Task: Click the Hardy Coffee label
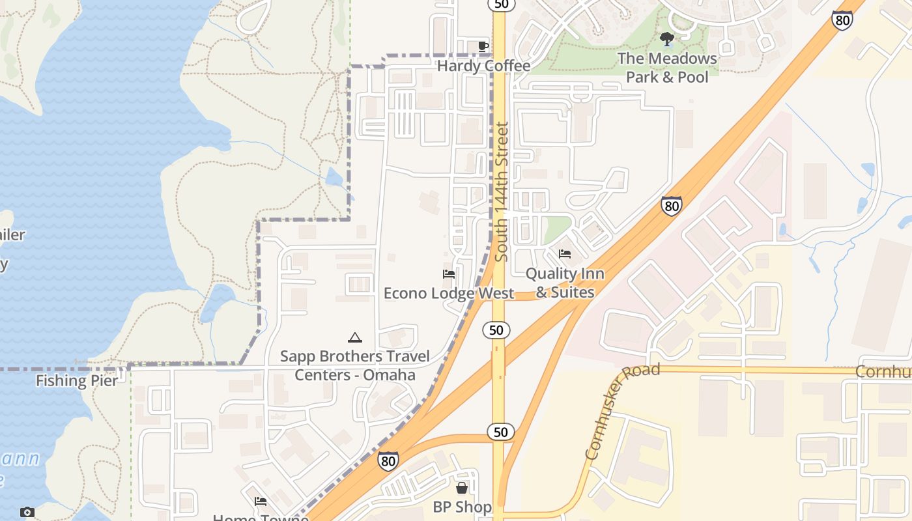[483, 66]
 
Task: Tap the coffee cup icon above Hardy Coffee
[483, 46]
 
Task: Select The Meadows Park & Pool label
[667, 68]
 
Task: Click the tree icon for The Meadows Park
[666, 39]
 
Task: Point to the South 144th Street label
[501, 192]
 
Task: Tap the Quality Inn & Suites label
[565, 283]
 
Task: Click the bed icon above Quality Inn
[565, 254]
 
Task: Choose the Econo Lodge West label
[449, 293]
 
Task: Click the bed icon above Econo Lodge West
[449, 274]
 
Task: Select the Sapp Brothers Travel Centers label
[355, 365]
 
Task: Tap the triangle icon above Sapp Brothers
[354, 337]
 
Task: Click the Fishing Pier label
[77, 381]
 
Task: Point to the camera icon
[27, 512]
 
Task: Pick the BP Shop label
[462, 507]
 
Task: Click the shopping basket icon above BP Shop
[462, 488]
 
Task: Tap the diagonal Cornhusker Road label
[621, 411]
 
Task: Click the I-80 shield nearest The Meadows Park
[842, 20]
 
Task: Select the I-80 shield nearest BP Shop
[388, 461]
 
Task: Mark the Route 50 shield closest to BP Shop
[500, 431]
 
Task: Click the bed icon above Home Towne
[261, 501]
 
